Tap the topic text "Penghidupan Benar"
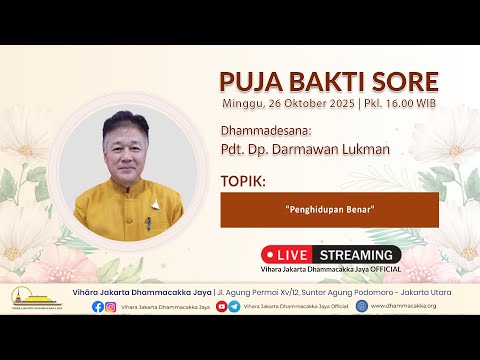(329, 211)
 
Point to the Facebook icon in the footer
(98, 306)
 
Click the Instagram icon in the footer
(111, 306)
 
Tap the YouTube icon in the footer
(221, 306)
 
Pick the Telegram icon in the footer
(234, 306)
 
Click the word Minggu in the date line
(243, 103)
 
